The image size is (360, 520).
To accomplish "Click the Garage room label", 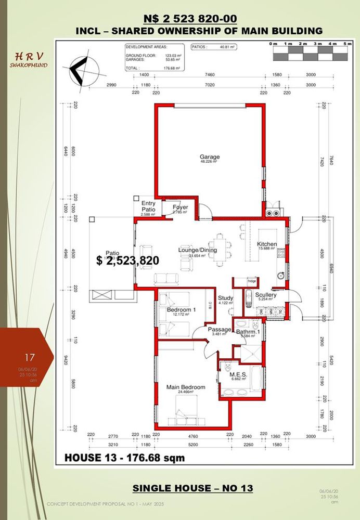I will pos(210,157).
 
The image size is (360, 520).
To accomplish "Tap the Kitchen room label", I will pos(267,244).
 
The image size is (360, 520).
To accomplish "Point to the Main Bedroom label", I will pos(186,387).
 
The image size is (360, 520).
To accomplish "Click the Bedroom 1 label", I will pos(181,310).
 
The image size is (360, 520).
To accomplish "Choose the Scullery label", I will pos(266,295).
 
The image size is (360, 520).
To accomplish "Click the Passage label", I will pos(219,330).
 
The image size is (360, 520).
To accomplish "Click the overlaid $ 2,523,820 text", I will pos(127,261).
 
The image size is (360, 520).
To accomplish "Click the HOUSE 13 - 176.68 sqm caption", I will pos(124,458).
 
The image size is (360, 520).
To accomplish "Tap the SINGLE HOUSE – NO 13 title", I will pos(192,488).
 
